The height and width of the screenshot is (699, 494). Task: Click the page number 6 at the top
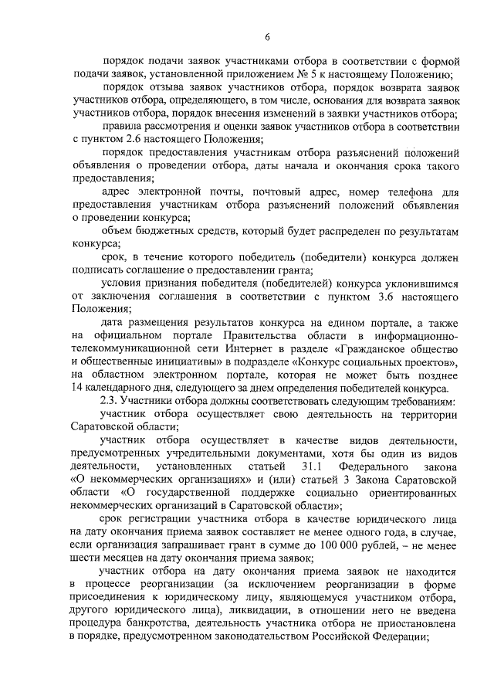coord(266,36)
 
